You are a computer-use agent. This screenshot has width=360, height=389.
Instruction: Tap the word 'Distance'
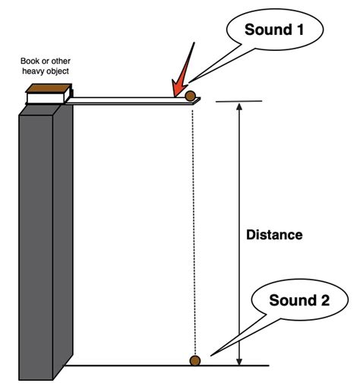pos(274,235)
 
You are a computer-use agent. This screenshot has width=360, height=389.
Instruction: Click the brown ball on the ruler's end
pos(191,96)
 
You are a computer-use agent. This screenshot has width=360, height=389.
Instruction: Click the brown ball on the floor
pos(195,360)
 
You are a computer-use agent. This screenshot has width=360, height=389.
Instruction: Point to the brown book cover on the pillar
pos(46,88)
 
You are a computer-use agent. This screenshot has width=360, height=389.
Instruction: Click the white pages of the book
pos(49,97)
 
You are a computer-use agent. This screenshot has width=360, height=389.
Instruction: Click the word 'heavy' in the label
pos(35,72)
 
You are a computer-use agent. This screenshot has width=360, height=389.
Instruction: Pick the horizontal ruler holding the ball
pos(129,100)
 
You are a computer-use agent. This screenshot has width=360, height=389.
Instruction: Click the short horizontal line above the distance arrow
pos(240,102)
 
